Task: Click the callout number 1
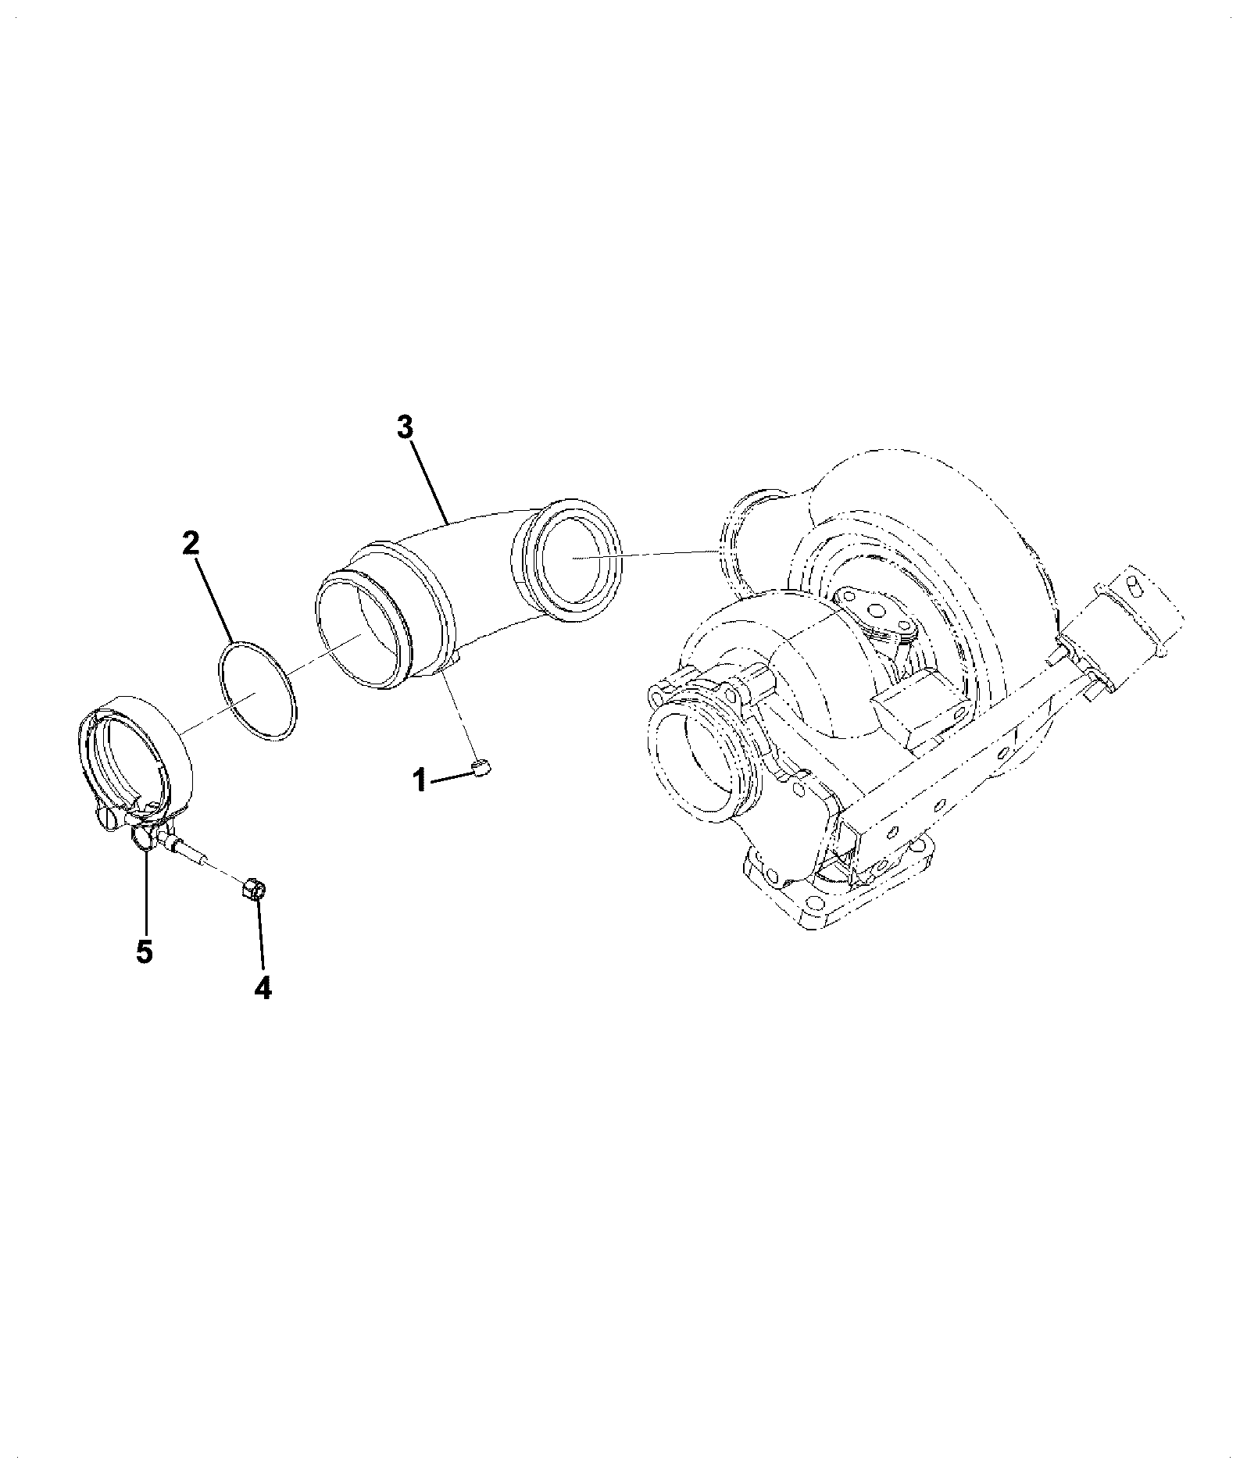tap(420, 779)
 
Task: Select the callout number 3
tap(404, 427)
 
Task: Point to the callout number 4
tap(263, 988)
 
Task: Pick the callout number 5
tap(144, 951)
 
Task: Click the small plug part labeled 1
tap(481, 769)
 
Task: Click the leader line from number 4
tap(259, 936)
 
